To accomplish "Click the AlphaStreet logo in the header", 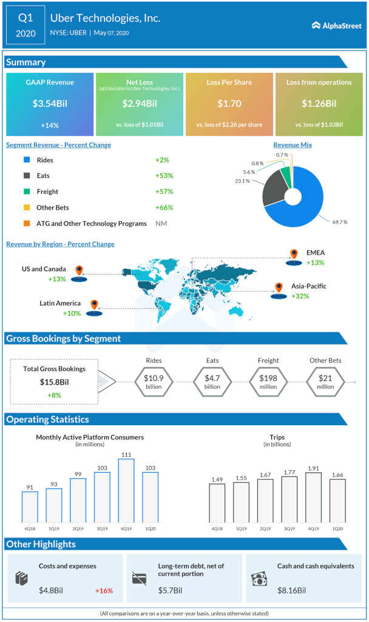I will tap(336, 26).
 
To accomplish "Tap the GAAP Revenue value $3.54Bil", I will tap(50, 103).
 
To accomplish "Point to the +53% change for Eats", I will tap(164, 176).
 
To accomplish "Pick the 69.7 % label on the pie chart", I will tap(339, 222).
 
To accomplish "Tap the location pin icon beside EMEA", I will tap(294, 255).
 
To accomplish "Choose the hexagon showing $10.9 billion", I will tap(154, 382).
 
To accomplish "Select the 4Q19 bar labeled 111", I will tap(126, 491).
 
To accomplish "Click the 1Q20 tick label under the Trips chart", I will tap(337, 529).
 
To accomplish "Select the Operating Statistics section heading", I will tap(47, 419).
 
